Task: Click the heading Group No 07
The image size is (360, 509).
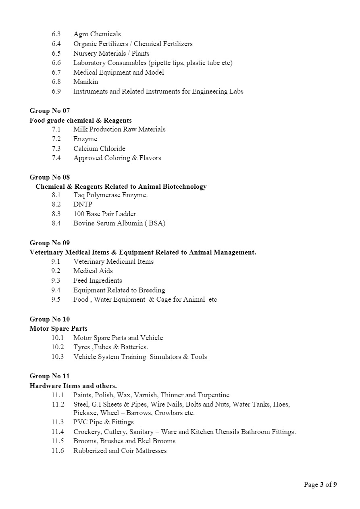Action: point(50,111)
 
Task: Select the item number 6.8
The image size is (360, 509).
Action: point(56,82)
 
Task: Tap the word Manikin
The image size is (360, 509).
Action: point(85,82)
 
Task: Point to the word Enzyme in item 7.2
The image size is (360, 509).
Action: point(85,139)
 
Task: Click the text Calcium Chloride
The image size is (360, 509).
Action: point(99,148)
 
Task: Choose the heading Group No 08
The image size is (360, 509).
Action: point(50,177)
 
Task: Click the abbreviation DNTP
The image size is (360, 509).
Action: point(83,204)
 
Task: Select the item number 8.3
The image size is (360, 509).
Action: point(56,214)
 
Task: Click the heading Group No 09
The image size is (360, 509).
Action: point(50,243)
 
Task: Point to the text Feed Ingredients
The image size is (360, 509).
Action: point(98,281)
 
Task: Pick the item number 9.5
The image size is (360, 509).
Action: point(56,300)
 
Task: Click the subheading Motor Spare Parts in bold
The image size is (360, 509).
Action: point(58,329)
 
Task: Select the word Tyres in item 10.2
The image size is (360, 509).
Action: point(82,347)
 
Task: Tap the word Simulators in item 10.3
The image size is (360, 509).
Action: point(165,357)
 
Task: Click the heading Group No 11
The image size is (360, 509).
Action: point(50,376)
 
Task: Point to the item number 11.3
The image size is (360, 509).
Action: point(57,422)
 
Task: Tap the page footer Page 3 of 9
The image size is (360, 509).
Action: point(320,485)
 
